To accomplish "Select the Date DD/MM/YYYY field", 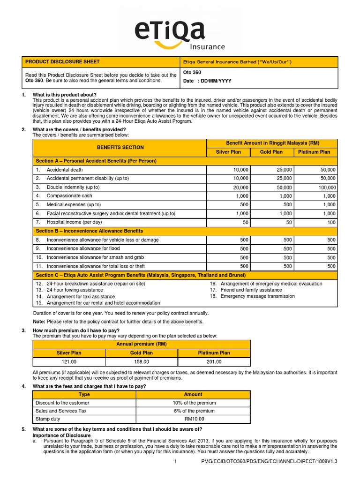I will [x=207, y=81].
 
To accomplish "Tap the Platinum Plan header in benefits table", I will [x=314, y=152].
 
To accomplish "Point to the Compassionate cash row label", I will [x=69, y=196].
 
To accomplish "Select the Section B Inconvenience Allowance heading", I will [x=90, y=231].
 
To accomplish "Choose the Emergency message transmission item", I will [x=257, y=296].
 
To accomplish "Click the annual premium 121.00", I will [x=69, y=362].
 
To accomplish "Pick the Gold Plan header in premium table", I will [x=141, y=353].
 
